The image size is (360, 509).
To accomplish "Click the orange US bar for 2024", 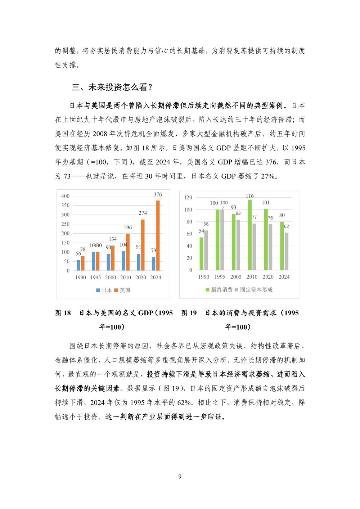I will [x=158, y=235].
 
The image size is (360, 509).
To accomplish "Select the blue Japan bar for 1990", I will [x=78, y=265].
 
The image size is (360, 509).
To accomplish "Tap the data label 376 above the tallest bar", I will [x=158, y=194].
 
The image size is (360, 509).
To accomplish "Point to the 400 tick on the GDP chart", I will [x=65, y=196].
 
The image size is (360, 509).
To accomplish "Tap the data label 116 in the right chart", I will [x=250, y=196].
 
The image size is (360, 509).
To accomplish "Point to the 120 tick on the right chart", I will [x=188, y=198].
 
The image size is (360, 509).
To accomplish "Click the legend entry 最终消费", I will [x=219, y=290].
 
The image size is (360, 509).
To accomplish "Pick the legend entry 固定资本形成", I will [x=254, y=290].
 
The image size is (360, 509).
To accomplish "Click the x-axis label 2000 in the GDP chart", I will [x=111, y=278].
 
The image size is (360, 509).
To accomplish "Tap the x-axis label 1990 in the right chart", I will [x=204, y=277].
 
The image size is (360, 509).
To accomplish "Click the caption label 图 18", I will [x=63, y=313].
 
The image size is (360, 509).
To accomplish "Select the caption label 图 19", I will [x=189, y=313].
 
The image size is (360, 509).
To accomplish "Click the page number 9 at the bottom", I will [x=180, y=477].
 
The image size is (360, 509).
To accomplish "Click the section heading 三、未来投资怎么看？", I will [x=112, y=87].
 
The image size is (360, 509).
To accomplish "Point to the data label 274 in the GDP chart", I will [x=143, y=213].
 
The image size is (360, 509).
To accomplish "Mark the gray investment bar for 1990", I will [x=206, y=250].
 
